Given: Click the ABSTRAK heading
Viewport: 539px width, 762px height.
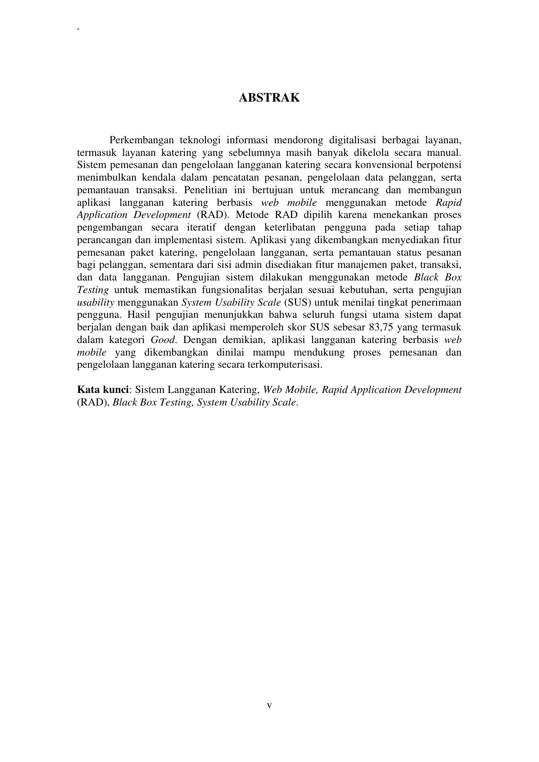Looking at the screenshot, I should point(269,98).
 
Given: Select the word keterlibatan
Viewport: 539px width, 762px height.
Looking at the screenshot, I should point(289,228).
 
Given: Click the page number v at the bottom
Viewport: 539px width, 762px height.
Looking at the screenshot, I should point(269,706).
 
